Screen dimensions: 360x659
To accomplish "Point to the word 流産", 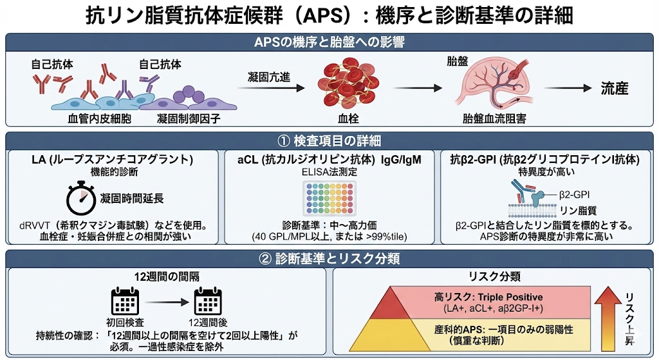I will (614, 89).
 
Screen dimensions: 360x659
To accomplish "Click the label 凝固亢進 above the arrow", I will (269, 77).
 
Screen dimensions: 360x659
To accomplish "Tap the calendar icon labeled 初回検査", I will (125, 301).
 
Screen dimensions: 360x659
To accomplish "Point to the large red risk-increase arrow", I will (608, 312).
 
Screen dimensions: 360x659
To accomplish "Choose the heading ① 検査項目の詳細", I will (329, 140).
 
